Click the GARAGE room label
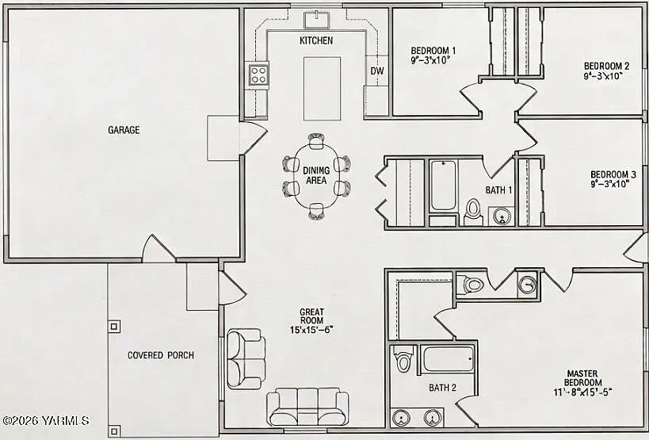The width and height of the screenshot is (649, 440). pyautogui.click(x=124, y=130)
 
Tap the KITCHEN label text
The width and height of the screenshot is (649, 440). pyautogui.click(x=315, y=40)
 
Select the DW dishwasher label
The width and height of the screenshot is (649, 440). pyautogui.click(x=377, y=71)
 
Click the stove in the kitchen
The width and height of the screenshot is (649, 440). pyautogui.click(x=259, y=75)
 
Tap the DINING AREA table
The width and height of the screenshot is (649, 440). pyautogui.click(x=316, y=175)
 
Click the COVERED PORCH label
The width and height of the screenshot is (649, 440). pyautogui.click(x=161, y=355)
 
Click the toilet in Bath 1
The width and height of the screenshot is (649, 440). pyautogui.click(x=473, y=210)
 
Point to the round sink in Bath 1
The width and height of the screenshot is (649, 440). pyautogui.click(x=500, y=216)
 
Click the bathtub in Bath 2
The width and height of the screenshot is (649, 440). pyautogui.click(x=448, y=358)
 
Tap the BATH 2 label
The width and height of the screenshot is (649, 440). pyautogui.click(x=442, y=388)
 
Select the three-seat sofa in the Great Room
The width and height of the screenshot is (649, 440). pyautogui.click(x=307, y=407)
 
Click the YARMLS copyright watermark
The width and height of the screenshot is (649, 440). pyautogui.click(x=46, y=421)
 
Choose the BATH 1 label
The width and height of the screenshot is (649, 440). pyautogui.click(x=498, y=190)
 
